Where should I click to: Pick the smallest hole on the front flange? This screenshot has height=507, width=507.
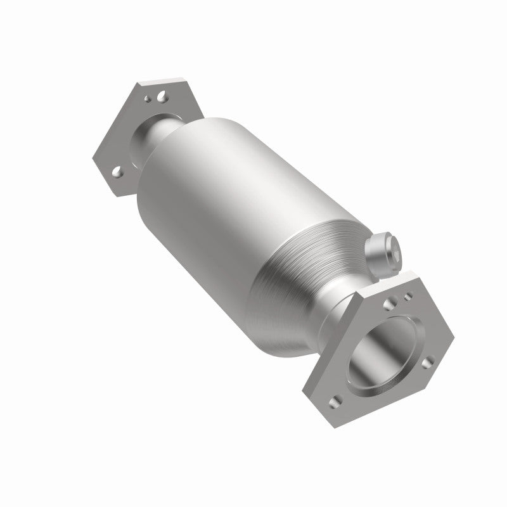coord(408,295)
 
